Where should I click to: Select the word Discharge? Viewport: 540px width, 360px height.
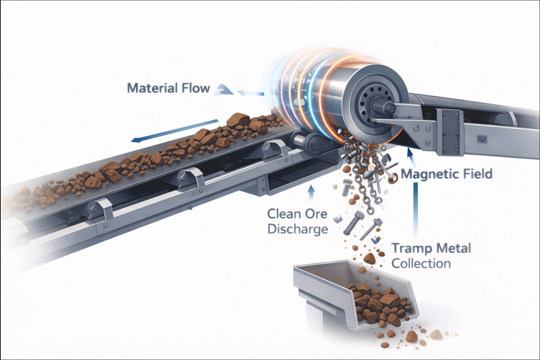pyautogui.click(x=297, y=229)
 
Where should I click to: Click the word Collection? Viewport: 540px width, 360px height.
pyautogui.click(x=421, y=263)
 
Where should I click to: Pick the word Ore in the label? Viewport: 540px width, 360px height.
pyautogui.click(x=313, y=214)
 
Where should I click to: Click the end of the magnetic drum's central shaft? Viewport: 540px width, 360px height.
pyautogui.click(x=390, y=107)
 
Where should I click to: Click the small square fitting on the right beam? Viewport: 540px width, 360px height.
pyautogui.click(x=482, y=139)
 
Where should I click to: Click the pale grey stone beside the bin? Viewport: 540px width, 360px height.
pyautogui.click(x=435, y=335)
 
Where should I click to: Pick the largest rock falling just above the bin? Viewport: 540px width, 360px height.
pyautogui.click(x=369, y=258)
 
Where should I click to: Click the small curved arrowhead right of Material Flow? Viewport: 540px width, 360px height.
pyautogui.click(x=223, y=89)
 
